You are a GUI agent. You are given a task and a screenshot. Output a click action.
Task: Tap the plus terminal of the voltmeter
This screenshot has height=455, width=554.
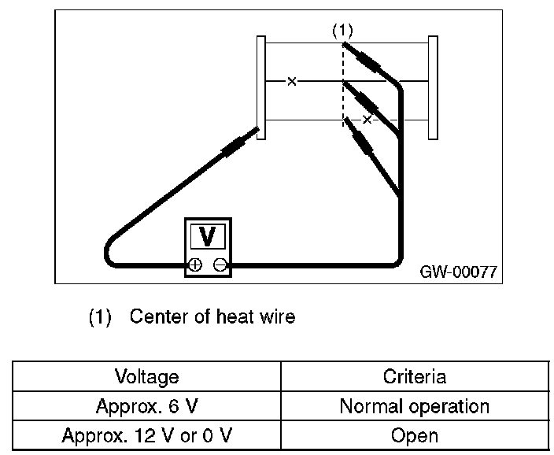(194, 264)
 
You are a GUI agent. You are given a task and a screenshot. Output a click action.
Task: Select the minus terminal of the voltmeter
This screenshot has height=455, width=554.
(221, 264)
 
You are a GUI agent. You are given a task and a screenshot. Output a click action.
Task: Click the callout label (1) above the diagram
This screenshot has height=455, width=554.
(342, 31)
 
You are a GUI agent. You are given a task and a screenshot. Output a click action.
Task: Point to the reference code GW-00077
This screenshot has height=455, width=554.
(458, 272)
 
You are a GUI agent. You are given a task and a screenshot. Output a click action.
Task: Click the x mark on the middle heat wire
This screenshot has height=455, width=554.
(292, 81)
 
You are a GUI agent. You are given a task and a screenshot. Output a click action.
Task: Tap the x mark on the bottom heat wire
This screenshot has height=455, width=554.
(367, 119)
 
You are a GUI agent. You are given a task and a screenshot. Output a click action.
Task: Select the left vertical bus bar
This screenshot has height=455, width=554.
(261, 87)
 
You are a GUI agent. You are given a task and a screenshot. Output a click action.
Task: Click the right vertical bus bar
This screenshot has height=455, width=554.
(432, 87)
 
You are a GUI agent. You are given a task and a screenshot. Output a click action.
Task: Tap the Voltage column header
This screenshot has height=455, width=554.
(147, 376)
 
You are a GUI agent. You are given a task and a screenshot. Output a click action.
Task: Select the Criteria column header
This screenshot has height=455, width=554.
(415, 376)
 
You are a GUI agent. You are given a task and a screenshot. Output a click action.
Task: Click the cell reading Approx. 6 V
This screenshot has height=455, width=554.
(147, 406)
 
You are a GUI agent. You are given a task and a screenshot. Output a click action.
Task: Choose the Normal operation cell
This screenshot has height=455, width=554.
(415, 406)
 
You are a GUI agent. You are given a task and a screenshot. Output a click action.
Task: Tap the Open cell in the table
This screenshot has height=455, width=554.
(415, 435)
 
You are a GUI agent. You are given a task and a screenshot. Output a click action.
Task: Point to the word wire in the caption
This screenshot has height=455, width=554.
(276, 317)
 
